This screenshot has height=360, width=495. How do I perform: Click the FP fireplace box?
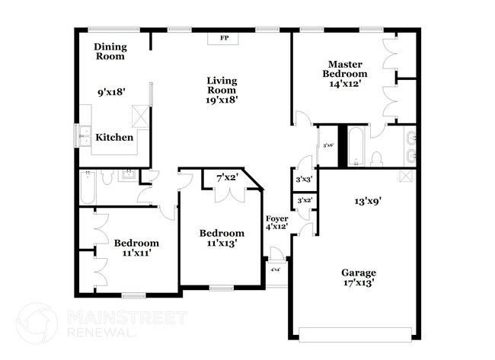[224, 37]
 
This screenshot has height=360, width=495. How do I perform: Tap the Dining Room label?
[110, 51]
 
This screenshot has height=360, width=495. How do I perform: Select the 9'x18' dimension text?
[111, 92]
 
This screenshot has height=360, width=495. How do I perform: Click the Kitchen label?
[115, 138]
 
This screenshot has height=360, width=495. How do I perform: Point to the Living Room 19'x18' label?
[222, 89]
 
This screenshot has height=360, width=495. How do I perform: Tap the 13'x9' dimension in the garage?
[368, 202]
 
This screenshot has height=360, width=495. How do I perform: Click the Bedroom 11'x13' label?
[222, 238]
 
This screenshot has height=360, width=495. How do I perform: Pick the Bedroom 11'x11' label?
[137, 248]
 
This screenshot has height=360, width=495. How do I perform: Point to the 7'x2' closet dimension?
[228, 177]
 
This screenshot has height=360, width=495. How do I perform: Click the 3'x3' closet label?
[303, 180]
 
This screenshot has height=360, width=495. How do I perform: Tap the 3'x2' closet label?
[304, 200]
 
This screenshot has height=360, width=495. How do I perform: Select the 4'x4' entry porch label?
[275, 269]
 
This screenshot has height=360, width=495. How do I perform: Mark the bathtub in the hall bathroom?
[87, 188]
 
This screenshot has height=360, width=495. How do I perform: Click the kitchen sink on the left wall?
[81, 138]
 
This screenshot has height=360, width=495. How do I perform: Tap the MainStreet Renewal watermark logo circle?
[36, 323]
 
